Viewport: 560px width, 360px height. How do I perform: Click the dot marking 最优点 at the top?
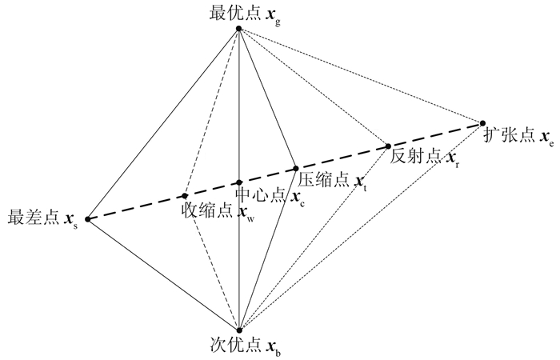coord(238,30)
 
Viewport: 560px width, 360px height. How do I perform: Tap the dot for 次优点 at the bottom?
coord(238,330)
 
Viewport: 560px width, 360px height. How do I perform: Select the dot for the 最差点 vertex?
coord(87,219)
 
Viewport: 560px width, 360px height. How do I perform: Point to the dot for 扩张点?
coord(482,123)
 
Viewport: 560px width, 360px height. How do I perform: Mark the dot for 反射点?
coord(388,146)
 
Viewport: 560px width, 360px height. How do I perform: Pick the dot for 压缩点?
coord(296,169)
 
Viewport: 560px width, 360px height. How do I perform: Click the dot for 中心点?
coord(238,182)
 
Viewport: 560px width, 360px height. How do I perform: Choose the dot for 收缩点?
coord(185,195)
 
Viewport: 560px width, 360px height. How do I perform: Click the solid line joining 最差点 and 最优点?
coord(162,125)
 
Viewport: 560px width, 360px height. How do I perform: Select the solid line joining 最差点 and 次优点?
coord(162,274)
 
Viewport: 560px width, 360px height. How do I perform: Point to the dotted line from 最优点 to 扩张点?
coord(360,76)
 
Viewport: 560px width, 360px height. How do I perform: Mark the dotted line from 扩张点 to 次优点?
coord(360,226)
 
